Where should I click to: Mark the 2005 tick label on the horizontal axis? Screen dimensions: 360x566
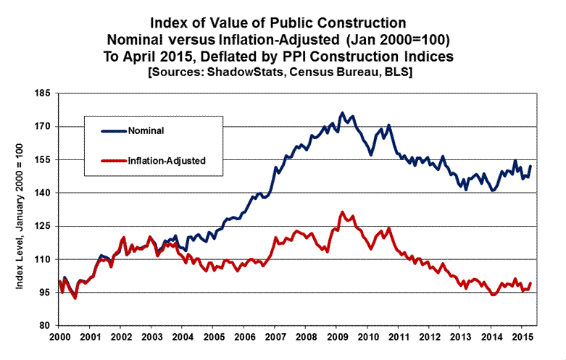(213, 337)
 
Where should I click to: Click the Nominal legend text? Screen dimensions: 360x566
(146, 131)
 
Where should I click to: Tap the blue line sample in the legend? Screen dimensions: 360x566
(113, 131)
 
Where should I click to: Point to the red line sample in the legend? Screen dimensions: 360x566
(113, 160)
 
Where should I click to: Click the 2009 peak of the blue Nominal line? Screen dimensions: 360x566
(342, 113)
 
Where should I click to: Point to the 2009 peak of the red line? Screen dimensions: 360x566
(342, 212)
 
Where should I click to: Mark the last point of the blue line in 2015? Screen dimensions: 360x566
(530, 166)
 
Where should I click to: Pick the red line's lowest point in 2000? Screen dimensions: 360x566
(75, 298)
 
